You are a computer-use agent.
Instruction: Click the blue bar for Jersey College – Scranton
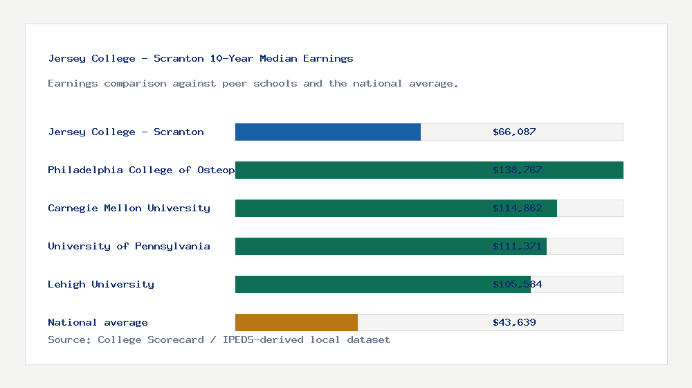point(327,132)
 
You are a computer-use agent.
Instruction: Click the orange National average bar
point(296,322)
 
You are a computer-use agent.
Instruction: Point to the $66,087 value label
point(514,132)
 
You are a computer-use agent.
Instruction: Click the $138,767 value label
point(517,170)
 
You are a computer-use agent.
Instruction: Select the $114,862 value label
point(517,208)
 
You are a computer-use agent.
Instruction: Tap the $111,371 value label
point(517,246)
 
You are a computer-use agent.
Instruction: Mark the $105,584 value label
point(517,284)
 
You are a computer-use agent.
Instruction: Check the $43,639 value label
point(514,322)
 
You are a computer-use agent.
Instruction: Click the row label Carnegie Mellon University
point(129,208)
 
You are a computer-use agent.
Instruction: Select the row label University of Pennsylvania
point(129,246)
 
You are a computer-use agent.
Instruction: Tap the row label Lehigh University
point(101,284)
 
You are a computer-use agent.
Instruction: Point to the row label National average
point(98,322)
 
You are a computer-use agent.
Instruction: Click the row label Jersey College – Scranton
point(126,132)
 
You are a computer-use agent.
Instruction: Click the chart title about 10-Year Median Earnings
point(201,58)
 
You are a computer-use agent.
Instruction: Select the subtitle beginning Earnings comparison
point(253,83)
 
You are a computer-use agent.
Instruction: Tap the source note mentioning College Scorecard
point(219,339)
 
